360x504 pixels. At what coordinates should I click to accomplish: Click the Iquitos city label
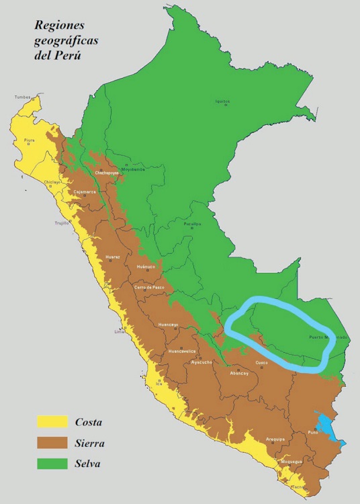(x=222, y=101)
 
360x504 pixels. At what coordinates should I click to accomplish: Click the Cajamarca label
(x=85, y=192)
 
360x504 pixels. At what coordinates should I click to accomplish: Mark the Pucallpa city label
(x=193, y=224)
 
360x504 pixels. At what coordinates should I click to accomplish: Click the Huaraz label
(x=113, y=257)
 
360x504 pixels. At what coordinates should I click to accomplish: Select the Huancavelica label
(x=182, y=351)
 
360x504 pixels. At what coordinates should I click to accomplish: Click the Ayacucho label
(x=201, y=362)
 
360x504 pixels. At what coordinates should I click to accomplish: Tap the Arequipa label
(x=275, y=439)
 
